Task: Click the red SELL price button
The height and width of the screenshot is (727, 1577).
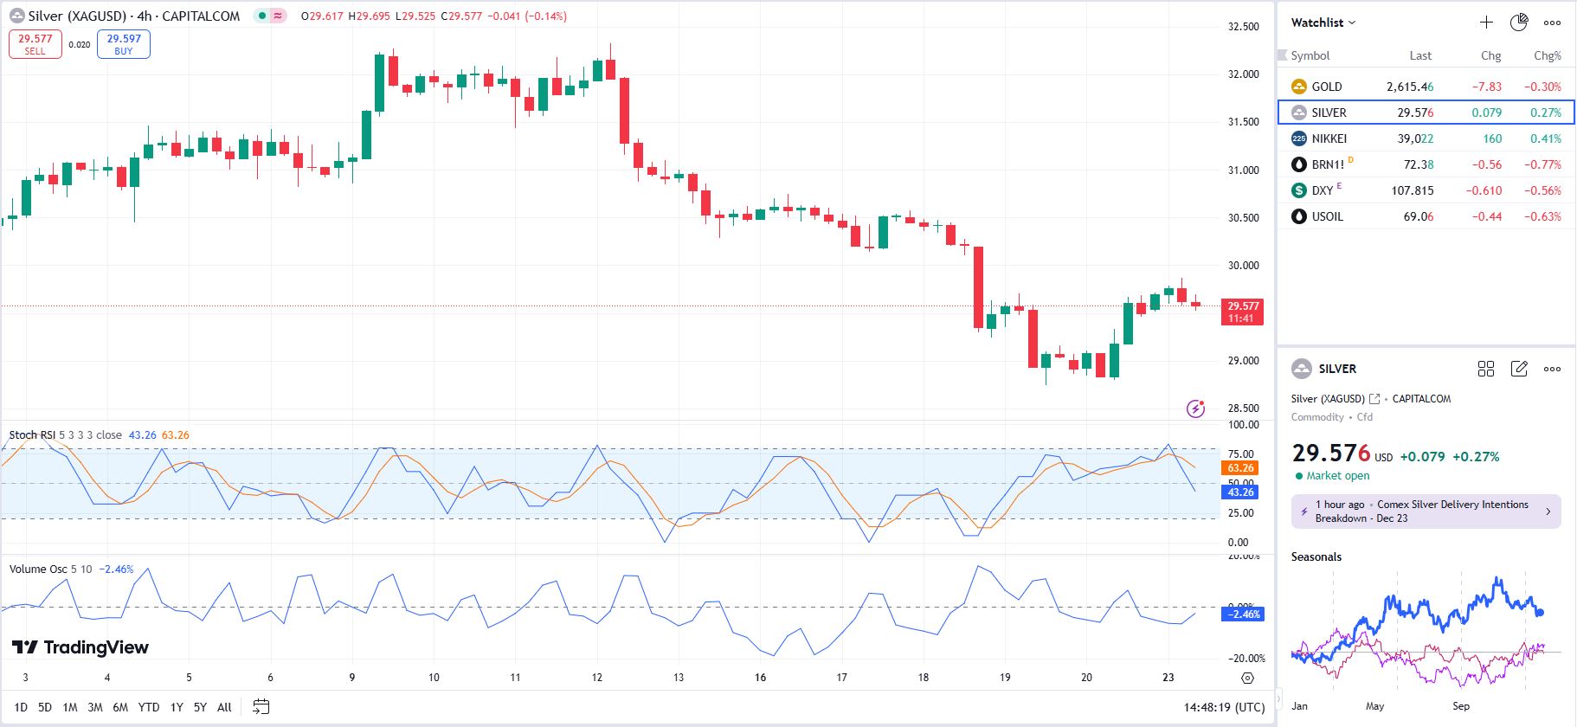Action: point(35,44)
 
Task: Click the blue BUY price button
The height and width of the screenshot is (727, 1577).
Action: point(124,44)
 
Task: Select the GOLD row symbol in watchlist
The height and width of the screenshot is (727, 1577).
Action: point(1326,87)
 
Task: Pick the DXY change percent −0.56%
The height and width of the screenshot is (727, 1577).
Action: point(1542,190)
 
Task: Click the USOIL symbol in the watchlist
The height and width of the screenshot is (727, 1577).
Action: point(1327,216)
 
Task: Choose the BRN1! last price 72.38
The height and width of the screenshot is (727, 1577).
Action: point(1418,164)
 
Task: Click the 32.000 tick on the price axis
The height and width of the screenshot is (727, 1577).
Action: point(1243,74)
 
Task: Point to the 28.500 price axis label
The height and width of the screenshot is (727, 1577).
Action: point(1243,409)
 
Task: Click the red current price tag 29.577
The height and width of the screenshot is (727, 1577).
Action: point(1242,312)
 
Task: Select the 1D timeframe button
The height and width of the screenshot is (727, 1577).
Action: point(21,707)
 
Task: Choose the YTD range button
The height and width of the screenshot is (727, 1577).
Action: point(149,707)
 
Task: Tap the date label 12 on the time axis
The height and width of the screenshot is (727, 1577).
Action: point(596,678)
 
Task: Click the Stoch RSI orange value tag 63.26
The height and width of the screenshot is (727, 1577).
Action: point(1240,468)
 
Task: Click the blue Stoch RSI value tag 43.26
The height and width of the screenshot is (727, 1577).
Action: point(1240,492)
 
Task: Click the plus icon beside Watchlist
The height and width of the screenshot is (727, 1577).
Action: point(1486,23)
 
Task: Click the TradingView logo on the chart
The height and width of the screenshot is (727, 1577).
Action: point(80,647)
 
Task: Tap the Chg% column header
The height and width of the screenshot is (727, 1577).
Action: point(1547,55)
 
